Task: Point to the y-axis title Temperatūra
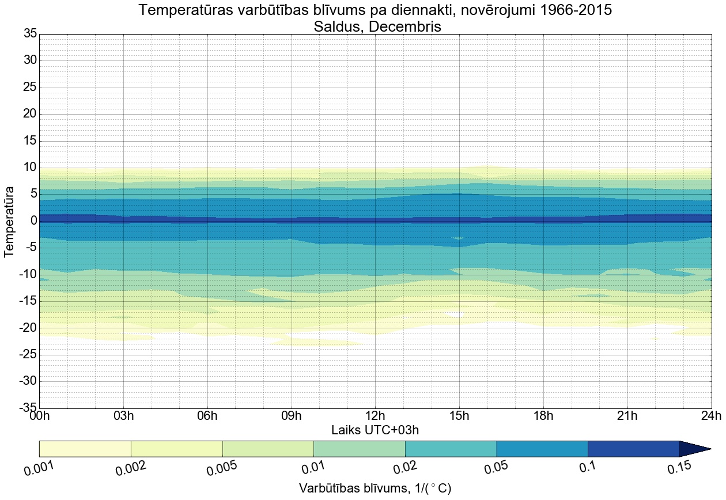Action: click(9, 221)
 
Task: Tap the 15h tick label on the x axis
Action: click(459, 416)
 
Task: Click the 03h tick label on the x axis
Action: click(123, 416)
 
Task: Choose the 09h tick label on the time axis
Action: click(292, 416)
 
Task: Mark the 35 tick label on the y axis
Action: click(30, 34)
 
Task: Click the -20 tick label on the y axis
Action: click(28, 328)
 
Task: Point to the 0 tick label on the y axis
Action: click(33, 221)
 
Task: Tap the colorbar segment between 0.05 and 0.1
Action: click(542, 449)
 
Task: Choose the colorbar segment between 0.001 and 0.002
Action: click(85, 449)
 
